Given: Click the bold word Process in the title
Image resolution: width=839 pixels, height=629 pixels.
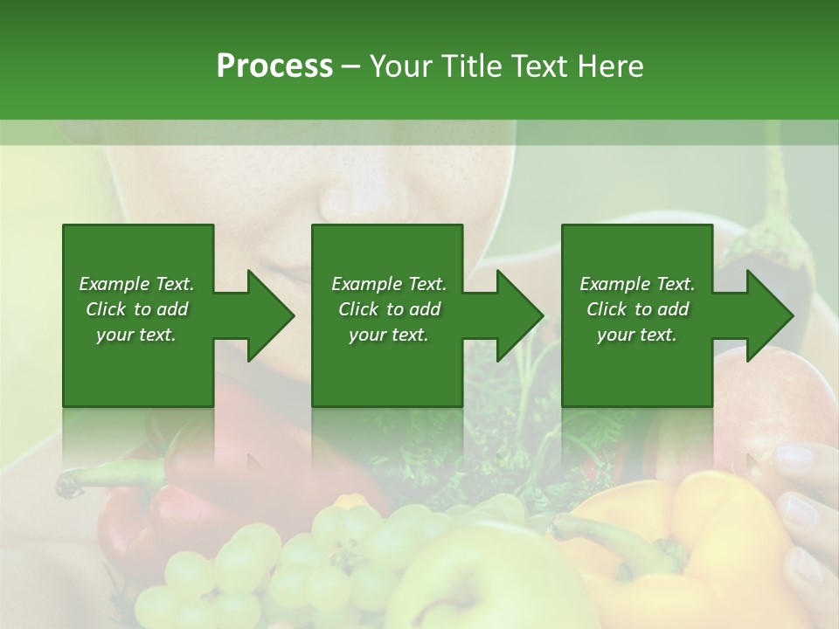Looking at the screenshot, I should click(274, 66).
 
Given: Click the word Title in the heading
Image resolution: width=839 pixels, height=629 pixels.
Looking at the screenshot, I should click(471, 66).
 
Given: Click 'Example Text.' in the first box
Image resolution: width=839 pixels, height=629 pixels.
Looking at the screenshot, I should click(136, 284).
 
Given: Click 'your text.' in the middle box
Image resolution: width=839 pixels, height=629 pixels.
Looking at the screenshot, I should click(388, 335).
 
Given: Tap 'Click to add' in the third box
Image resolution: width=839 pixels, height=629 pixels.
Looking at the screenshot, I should click(637, 309).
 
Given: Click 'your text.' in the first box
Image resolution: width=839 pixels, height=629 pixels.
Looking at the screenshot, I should click(136, 335).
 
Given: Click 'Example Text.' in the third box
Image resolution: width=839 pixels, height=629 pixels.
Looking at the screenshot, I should click(637, 284).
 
